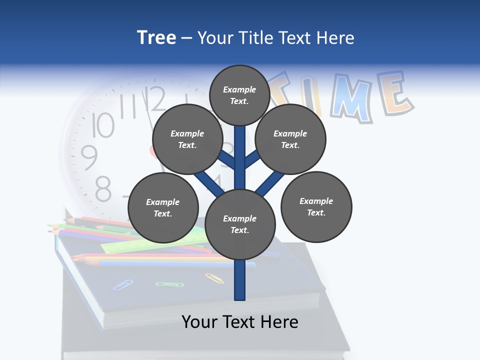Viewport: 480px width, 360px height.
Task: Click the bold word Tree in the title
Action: pyautogui.click(x=156, y=38)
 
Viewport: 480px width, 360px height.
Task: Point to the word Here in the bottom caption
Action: pyautogui.click(x=278, y=322)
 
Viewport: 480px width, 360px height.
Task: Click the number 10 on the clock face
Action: pyautogui.click(x=103, y=125)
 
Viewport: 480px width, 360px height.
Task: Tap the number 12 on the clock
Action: pyautogui.click(x=155, y=99)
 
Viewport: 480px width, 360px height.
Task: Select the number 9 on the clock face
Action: pyautogui.click(x=89, y=157)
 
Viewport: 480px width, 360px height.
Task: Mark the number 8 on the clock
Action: pyautogui.click(x=102, y=189)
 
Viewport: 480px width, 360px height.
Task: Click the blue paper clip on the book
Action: pyautogui.click(x=122, y=285)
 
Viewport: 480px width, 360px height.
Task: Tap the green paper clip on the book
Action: pyautogui.click(x=165, y=284)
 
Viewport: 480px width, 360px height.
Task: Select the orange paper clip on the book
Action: pyautogui.click(x=214, y=278)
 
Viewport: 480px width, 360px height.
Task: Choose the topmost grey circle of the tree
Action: pyautogui.click(x=239, y=95)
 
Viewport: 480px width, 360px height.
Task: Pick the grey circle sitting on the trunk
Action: pyautogui.click(x=240, y=224)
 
